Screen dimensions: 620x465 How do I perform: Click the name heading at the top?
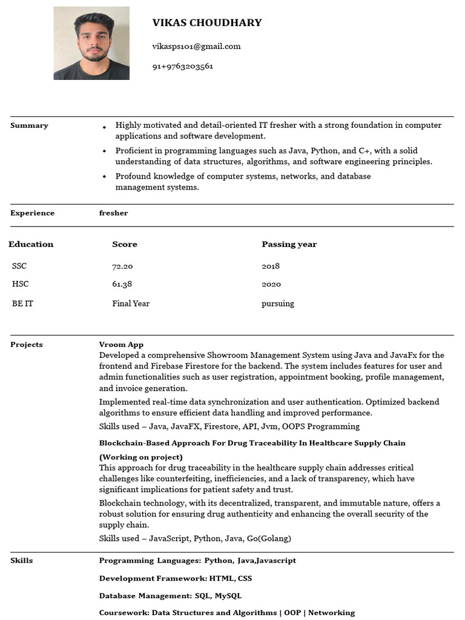point(207,23)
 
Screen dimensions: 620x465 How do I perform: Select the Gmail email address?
point(196,46)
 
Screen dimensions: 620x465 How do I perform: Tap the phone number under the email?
point(182,66)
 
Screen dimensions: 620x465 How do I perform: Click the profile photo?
point(91,43)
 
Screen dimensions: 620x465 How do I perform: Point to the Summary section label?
point(29,125)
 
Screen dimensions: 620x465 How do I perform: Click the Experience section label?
point(32,213)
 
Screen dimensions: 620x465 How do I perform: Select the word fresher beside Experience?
point(113,213)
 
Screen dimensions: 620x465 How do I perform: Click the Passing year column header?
point(289,245)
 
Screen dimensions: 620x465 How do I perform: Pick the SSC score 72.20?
point(122,266)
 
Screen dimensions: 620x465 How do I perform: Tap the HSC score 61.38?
point(122,284)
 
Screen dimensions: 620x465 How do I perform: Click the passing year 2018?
point(271,266)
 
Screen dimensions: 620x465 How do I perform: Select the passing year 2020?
point(271,284)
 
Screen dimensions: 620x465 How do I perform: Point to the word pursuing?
point(278,303)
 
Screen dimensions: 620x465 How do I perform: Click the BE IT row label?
point(22,303)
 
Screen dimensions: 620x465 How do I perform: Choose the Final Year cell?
point(131,303)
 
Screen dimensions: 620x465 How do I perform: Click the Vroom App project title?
point(121,345)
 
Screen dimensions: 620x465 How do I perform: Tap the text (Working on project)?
point(140,457)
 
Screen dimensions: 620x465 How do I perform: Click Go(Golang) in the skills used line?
point(269,538)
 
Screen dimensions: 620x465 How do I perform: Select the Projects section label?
point(27,345)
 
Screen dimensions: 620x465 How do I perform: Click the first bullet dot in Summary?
point(104,127)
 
